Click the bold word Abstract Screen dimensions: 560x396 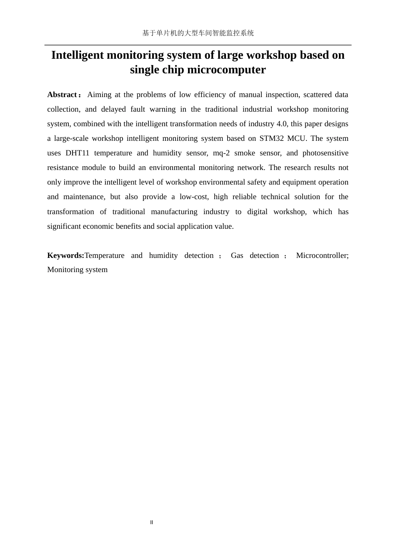tap(62, 95)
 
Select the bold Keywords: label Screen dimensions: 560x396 tap(65, 255)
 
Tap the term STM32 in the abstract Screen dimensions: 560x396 tap(271, 138)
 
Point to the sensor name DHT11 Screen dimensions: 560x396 tap(77, 153)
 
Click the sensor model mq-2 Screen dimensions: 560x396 tap(221, 153)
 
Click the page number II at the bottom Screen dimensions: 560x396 tap(152, 522)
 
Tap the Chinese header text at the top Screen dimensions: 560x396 tap(198, 33)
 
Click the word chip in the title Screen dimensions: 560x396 tap(173, 70)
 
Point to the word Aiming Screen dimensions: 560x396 tap(99, 95)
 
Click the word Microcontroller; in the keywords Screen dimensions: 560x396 tap(322, 255)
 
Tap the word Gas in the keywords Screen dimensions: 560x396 tap(237, 255)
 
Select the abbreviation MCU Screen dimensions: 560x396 tap(296, 138)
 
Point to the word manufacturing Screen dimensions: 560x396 tap(174, 212)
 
